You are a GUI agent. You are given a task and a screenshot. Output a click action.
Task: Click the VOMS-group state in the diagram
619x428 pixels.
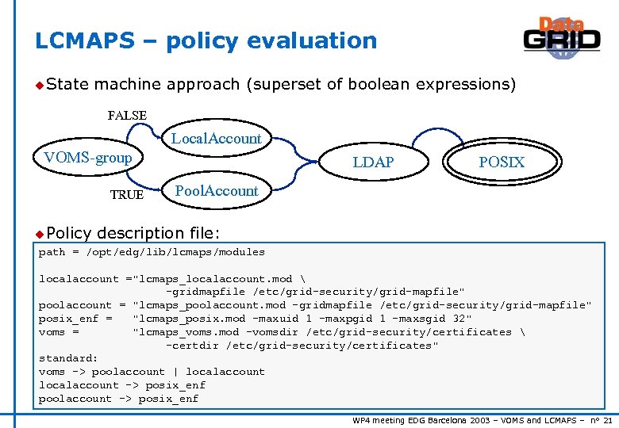(88, 158)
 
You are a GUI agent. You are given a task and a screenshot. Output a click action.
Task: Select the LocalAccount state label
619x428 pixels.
(217, 139)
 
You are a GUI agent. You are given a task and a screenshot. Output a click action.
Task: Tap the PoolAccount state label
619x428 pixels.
(217, 191)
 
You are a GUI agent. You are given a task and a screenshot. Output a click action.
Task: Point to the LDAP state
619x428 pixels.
(373, 162)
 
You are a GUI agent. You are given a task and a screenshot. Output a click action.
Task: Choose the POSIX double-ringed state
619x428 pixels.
(502, 162)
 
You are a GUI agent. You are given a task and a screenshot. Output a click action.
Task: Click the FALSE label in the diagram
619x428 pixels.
(127, 116)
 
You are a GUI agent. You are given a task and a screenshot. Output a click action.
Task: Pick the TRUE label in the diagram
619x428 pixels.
(127, 195)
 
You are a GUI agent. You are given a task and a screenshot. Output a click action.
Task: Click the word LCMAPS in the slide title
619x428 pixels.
(84, 40)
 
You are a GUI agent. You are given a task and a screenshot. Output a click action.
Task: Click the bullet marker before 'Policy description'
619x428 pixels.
(40, 233)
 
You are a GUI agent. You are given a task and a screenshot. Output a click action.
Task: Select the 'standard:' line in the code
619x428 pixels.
(68, 358)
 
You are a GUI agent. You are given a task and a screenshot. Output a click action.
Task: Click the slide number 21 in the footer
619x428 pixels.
(608, 419)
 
